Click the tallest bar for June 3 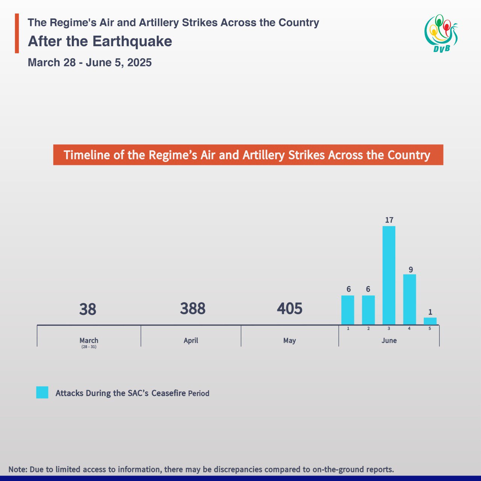[389, 275]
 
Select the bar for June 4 [410, 299]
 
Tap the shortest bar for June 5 [430, 321]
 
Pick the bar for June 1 [348, 310]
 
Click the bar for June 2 [368, 310]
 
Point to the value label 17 [389, 220]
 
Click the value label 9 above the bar [411, 270]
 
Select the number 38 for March [88, 310]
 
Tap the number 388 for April [193, 309]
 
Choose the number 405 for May [290, 309]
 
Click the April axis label [191, 340]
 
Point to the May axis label [289, 340]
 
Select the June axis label [389, 340]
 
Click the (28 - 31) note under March [89, 347]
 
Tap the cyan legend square [42, 392]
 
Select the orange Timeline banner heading [248, 155]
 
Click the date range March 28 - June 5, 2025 [90, 62]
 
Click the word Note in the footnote [17, 469]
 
